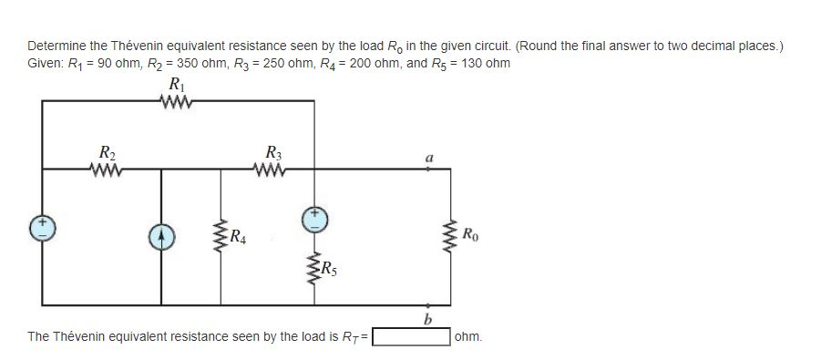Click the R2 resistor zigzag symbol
107,168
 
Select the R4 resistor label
238,240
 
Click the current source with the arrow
162,237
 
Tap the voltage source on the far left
42,227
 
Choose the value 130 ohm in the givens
482,63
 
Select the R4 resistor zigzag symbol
219,238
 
